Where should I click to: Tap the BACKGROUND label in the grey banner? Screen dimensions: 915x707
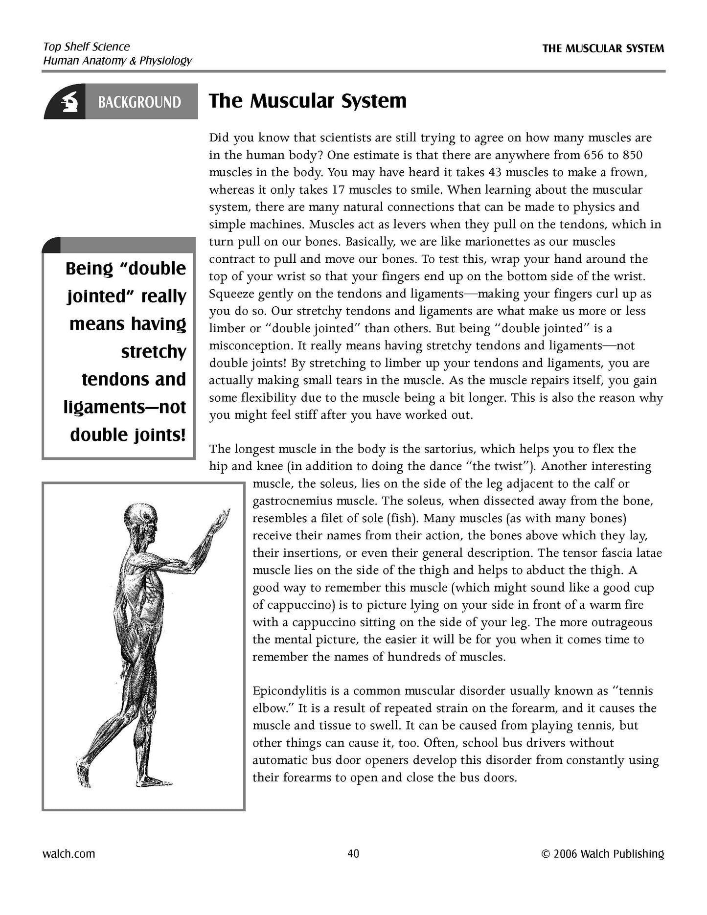click(x=139, y=102)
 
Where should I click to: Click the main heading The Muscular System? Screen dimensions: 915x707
click(x=308, y=101)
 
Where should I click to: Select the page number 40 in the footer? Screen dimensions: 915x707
click(x=353, y=853)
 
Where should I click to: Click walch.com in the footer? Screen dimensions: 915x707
click(x=69, y=853)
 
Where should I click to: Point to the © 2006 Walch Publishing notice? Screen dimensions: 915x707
click(x=603, y=853)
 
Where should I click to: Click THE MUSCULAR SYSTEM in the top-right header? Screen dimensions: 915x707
click(x=603, y=48)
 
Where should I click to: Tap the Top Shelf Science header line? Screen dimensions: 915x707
click(x=87, y=46)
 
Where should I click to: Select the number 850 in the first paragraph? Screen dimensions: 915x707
click(x=632, y=155)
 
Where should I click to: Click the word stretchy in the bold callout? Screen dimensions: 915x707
click(x=154, y=351)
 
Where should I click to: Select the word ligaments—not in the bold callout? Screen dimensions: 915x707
click(x=125, y=407)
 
